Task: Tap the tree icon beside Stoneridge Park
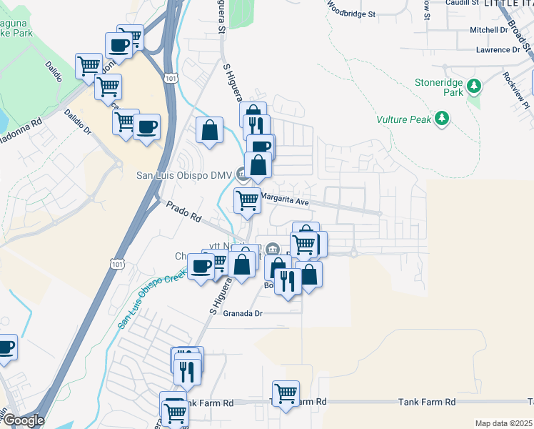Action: [x=473, y=87]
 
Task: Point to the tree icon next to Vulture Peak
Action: [x=443, y=118]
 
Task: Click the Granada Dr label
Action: [x=243, y=313]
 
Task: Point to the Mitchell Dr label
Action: [x=488, y=30]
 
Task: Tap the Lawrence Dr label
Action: [x=498, y=50]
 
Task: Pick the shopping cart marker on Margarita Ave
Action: [x=247, y=200]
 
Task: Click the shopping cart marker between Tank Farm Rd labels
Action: [x=286, y=393]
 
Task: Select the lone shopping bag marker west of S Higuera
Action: [x=210, y=130]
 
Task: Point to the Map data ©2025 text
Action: [x=503, y=423]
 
